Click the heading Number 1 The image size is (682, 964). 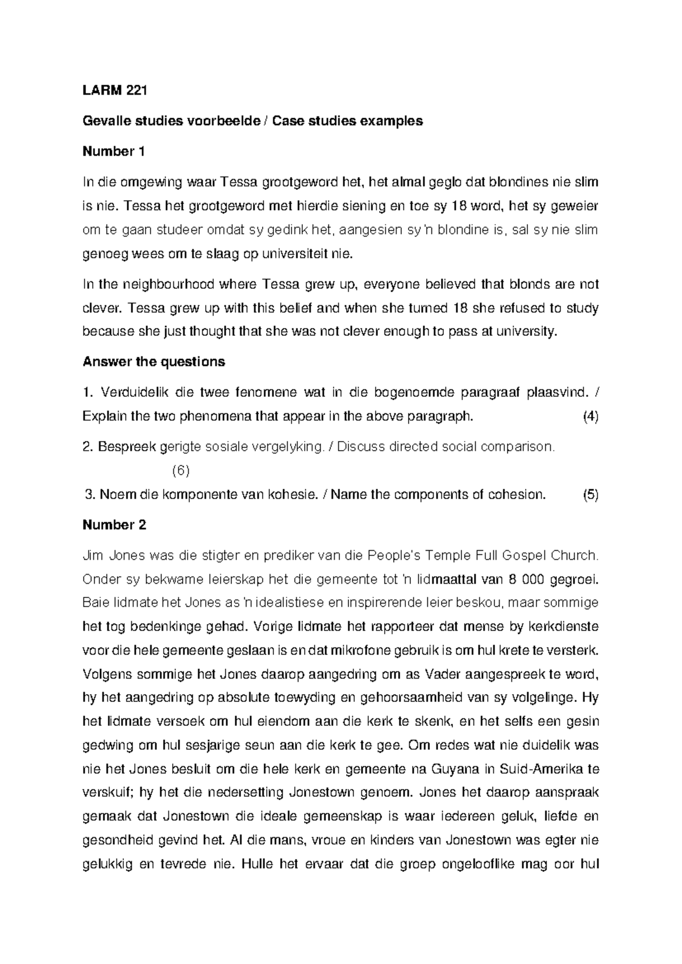click(x=114, y=151)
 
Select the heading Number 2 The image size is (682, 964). click(x=114, y=525)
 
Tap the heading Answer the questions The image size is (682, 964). click(x=153, y=361)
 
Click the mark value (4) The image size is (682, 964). click(x=590, y=416)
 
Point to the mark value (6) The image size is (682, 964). click(x=180, y=471)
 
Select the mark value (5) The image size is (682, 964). click(x=590, y=495)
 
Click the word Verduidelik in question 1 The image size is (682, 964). click(x=130, y=392)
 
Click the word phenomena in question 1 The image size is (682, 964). click(x=215, y=416)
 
